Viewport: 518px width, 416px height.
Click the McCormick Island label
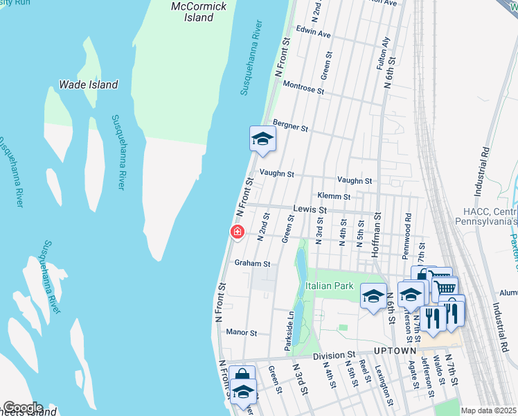[199, 12]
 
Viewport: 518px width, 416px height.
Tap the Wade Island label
[88, 85]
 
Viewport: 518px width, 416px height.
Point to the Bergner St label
[290, 125]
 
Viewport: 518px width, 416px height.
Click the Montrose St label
[304, 87]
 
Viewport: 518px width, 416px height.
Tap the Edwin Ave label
[313, 33]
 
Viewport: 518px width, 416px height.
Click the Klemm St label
[332, 196]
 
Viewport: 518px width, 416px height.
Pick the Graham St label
[251, 263]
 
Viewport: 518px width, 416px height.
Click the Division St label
[334, 356]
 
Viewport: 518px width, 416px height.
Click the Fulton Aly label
[380, 53]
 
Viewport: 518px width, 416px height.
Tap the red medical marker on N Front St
[237, 232]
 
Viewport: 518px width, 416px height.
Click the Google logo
[22, 408]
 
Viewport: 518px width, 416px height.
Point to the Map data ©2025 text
[488, 410]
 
